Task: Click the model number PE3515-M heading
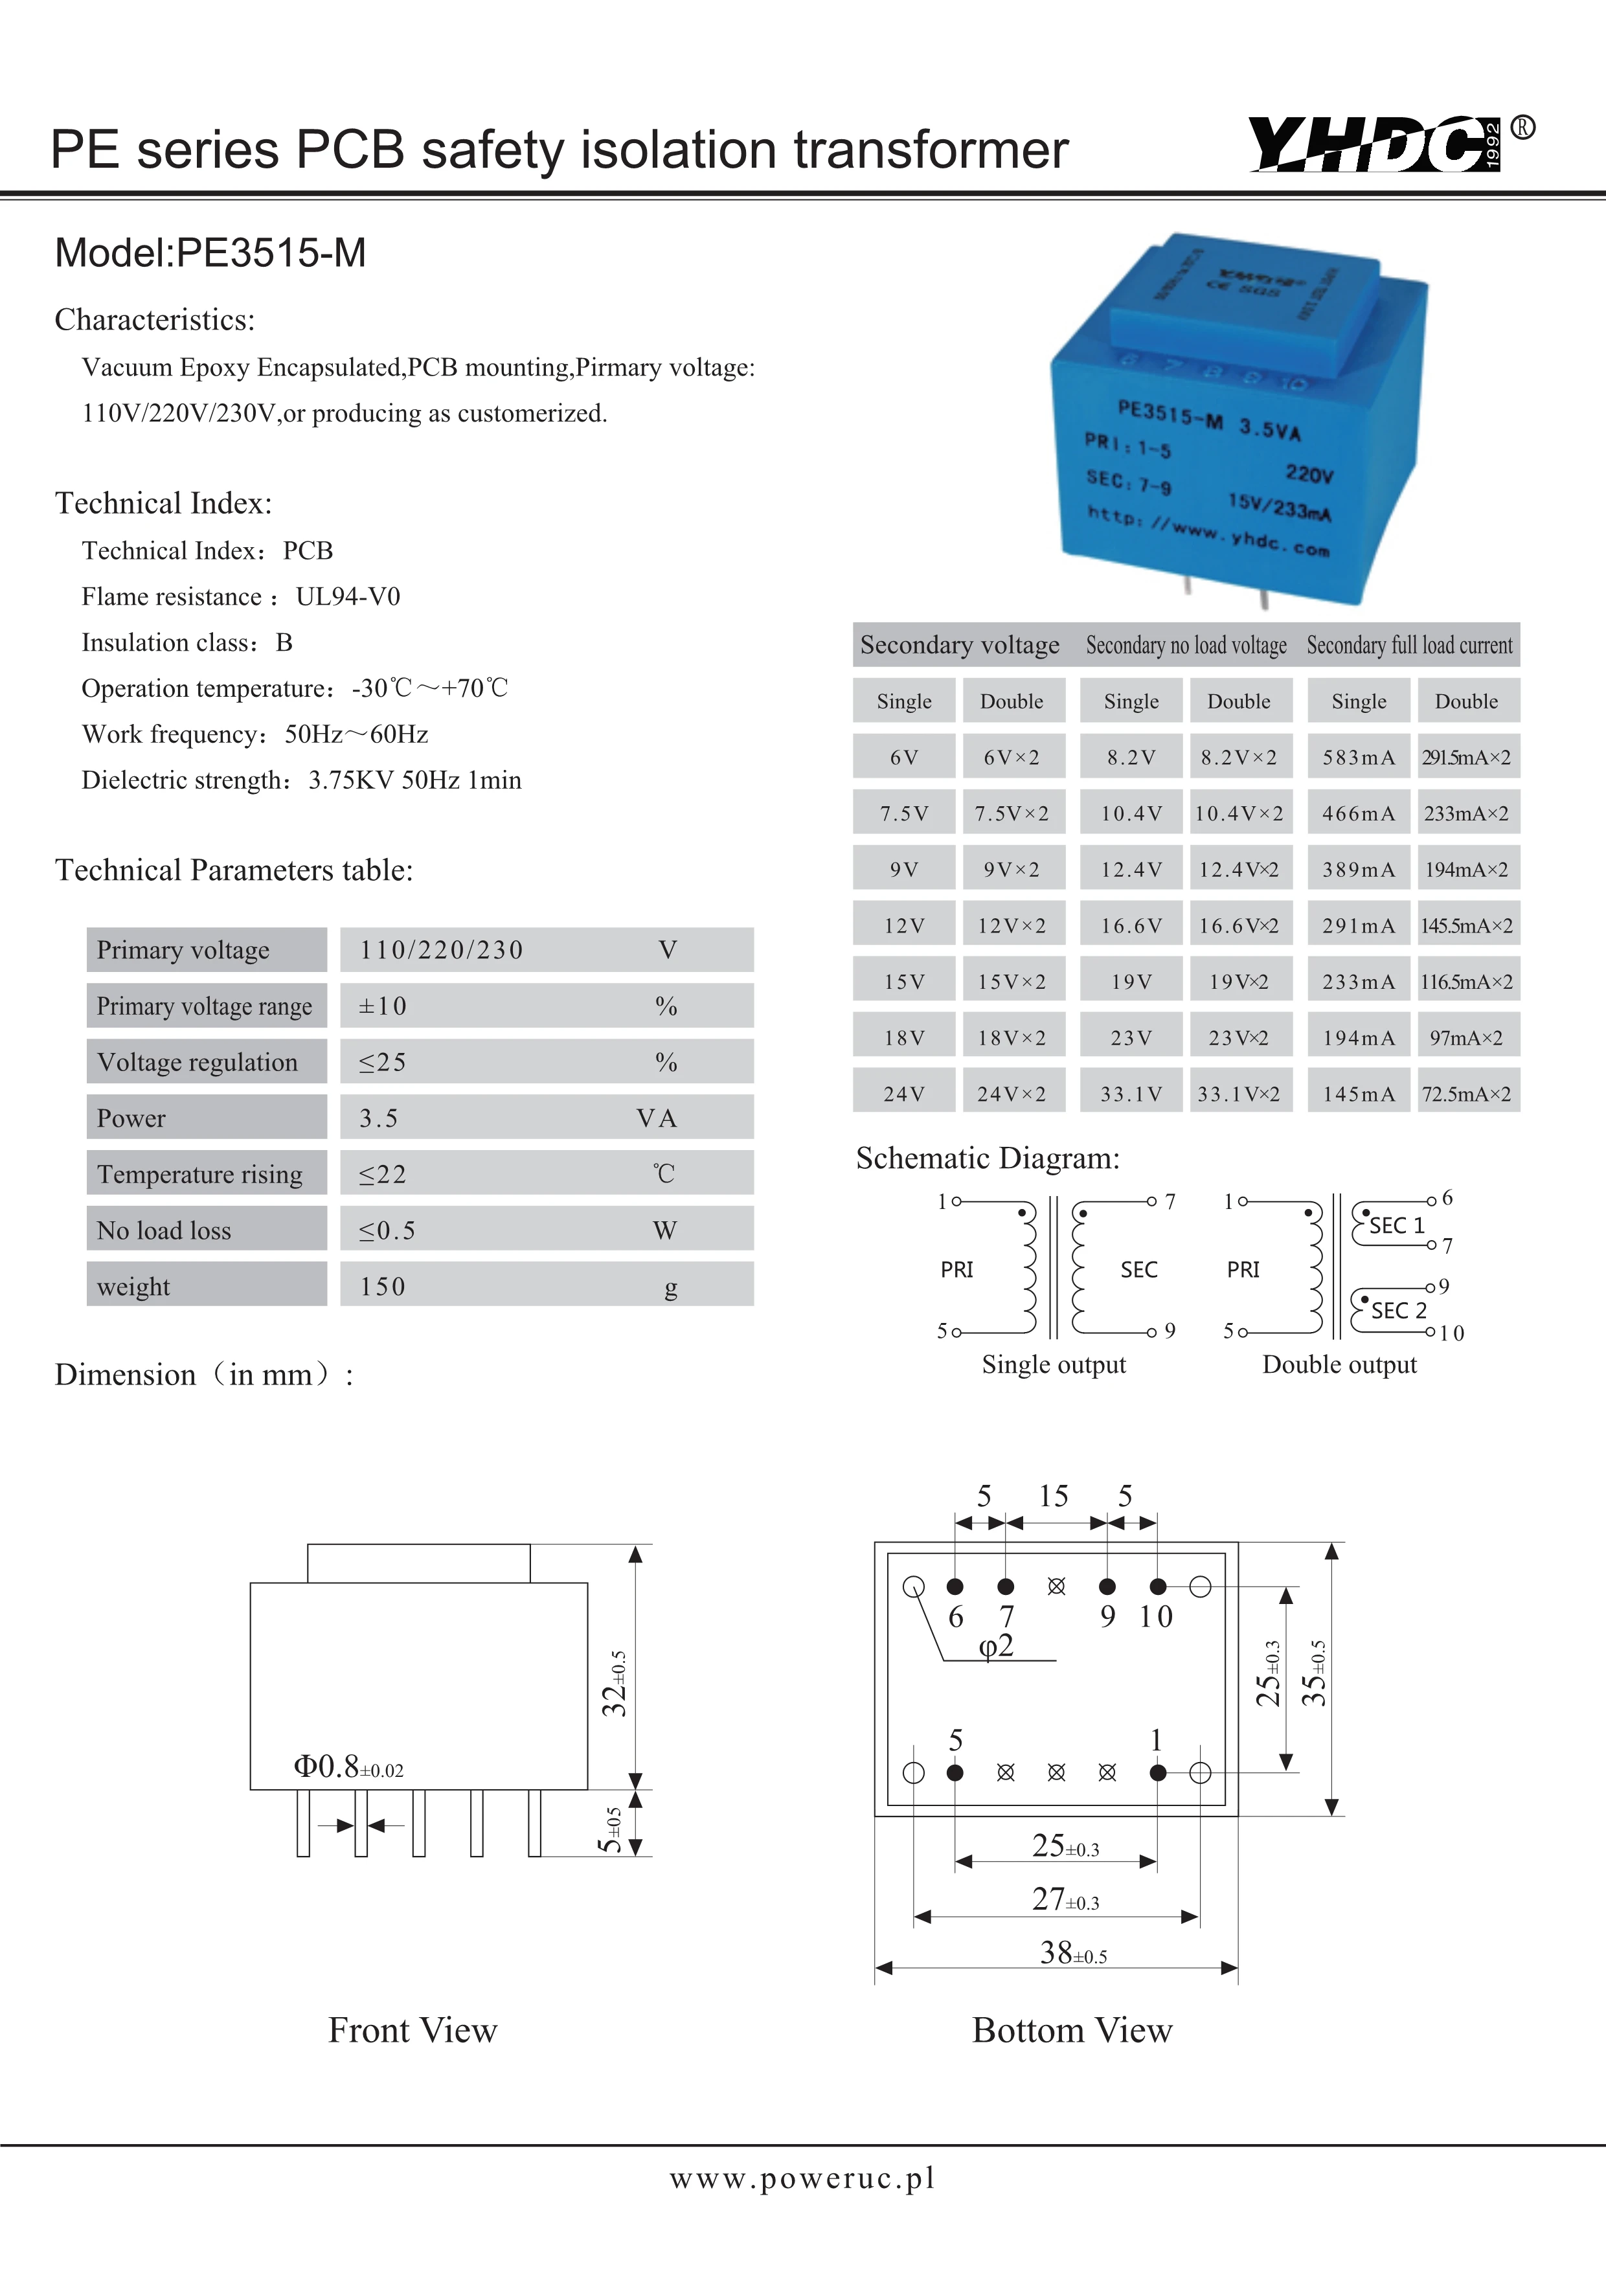point(210,253)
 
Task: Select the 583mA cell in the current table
point(1358,758)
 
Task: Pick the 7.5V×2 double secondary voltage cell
point(1012,814)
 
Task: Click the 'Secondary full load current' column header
point(1409,646)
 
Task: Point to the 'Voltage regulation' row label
point(198,1062)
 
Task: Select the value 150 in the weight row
point(383,1287)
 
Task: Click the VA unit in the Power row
point(657,1119)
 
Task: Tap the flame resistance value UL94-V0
point(348,596)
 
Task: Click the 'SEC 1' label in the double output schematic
point(1396,1225)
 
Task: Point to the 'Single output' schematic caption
point(1053,1365)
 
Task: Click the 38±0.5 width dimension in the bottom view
point(1073,1952)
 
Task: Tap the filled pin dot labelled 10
point(1158,1587)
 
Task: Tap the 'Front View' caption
point(413,2031)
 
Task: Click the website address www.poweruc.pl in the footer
point(802,2178)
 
